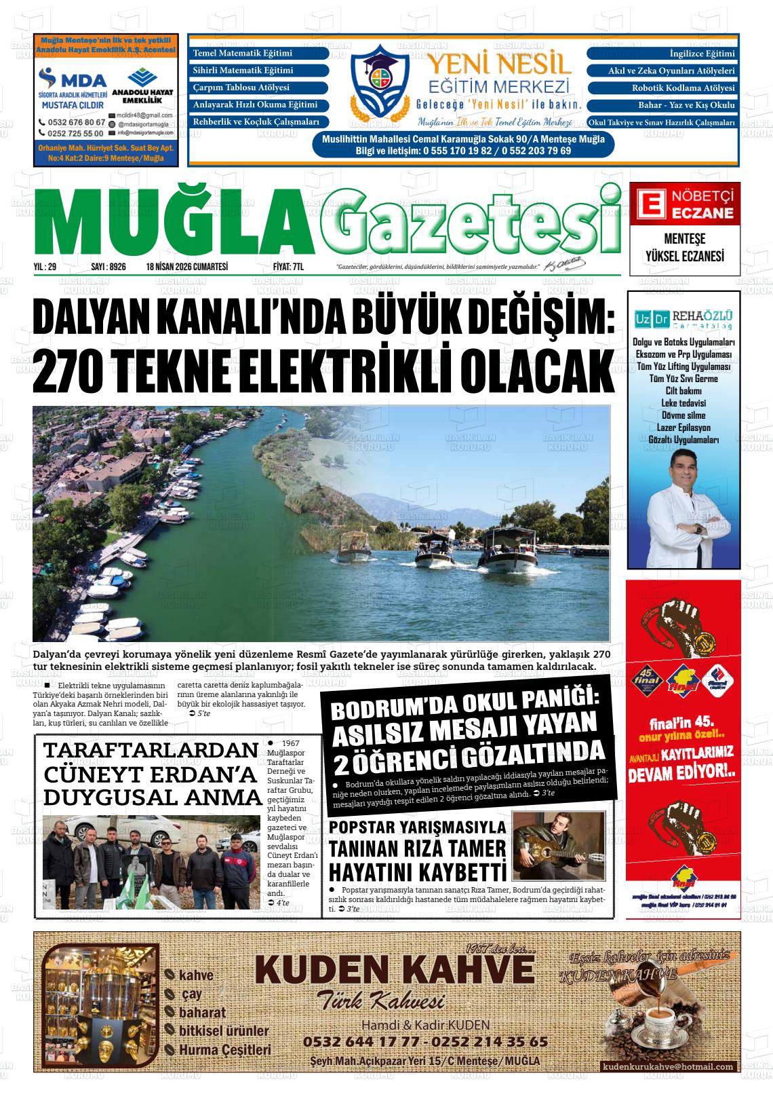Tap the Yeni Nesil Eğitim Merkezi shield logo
click(x=379, y=79)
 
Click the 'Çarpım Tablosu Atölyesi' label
click(x=241, y=88)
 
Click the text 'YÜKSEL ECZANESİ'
click(x=684, y=257)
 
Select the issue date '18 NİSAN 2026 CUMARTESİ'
click(x=186, y=267)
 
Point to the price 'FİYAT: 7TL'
click(x=287, y=267)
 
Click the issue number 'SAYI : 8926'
click(x=108, y=267)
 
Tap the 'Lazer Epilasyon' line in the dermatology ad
click(x=683, y=428)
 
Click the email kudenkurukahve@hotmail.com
click(x=668, y=1067)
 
